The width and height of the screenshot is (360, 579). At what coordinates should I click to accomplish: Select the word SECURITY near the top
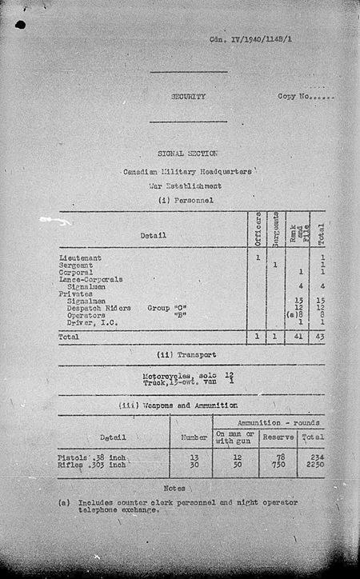tap(188, 97)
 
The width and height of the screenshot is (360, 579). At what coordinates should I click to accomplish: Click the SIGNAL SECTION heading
tap(188, 153)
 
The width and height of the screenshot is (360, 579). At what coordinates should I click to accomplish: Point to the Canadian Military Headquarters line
tap(188, 172)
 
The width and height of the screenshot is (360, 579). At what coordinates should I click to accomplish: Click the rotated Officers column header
tap(258, 229)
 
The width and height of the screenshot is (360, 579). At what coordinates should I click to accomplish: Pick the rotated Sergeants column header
tap(276, 229)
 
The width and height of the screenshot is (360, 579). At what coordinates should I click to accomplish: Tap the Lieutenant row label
tap(80, 258)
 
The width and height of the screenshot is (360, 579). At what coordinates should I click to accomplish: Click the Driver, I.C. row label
tap(90, 321)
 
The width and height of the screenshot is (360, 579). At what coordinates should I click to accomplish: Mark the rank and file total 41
tap(298, 337)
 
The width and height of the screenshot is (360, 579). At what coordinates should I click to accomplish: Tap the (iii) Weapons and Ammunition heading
tap(188, 405)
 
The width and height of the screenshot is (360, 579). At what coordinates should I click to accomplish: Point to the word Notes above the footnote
tap(174, 488)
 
